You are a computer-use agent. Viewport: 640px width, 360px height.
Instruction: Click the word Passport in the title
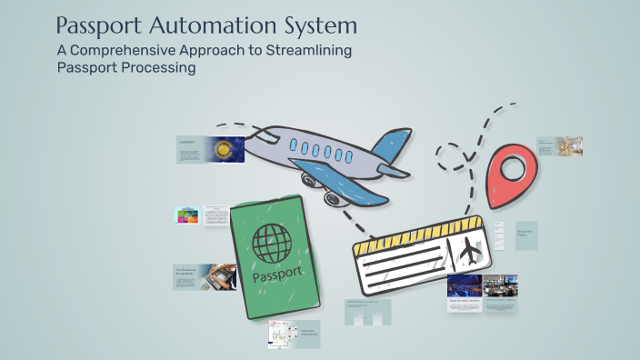[99, 25]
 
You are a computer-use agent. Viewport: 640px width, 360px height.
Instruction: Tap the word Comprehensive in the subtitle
[132, 50]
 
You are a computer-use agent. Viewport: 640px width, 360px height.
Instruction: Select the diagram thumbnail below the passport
[283, 334]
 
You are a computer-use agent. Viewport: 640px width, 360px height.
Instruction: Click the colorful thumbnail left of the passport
[187, 215]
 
